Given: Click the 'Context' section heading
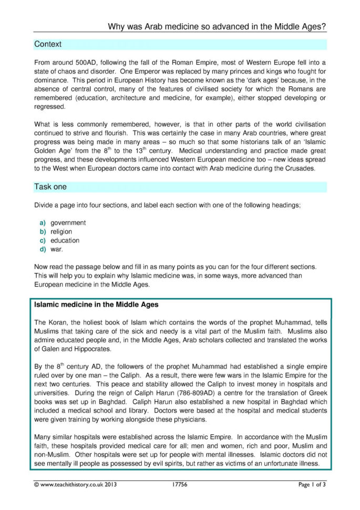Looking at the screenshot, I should click(x=48, y=45).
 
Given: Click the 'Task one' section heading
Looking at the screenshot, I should click(x=50, y=187).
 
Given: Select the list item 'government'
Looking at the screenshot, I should click(x=68, y=222).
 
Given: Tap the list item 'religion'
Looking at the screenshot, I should click(x=61, y=231).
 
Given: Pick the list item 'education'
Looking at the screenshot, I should click(x=65, y=240).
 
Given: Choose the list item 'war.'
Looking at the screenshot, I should click(x=57, y=249).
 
